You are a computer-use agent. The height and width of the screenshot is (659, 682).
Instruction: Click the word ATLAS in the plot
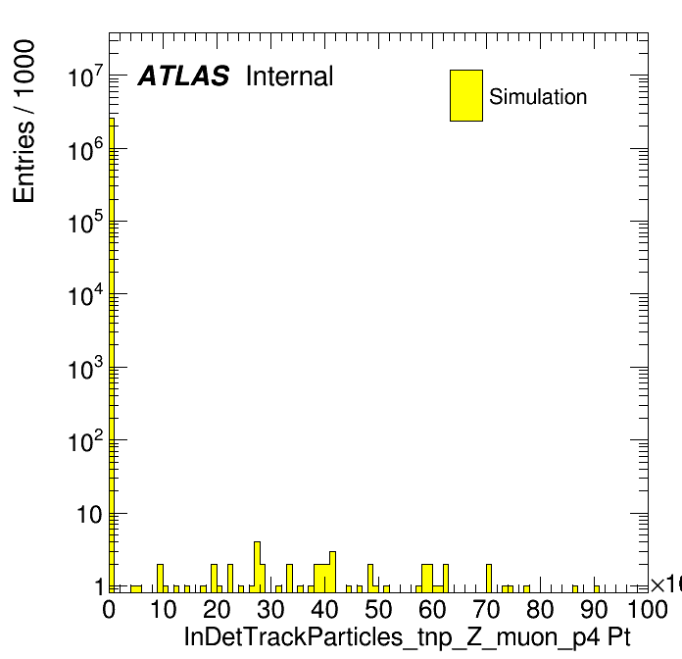click(x=183, y=76)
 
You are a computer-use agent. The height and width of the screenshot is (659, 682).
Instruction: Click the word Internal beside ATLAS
click(x=290, y=76)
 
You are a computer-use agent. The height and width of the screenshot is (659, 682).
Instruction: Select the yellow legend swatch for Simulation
click(x=466, y=95)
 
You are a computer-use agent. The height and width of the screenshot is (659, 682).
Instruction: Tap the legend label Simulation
click(x=538, y=96)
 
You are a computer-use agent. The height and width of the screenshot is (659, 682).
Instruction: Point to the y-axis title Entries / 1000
click(x=24, y=122)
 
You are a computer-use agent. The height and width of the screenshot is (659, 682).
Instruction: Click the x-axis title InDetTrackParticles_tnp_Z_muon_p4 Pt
click(x=407, y=636)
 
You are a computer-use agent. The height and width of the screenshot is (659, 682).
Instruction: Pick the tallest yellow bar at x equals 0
click(x=112, y=355)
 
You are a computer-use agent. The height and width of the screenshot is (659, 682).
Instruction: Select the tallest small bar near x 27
click(x=257, y=567)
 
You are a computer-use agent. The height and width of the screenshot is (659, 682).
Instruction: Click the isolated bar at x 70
click(x=489, y=578)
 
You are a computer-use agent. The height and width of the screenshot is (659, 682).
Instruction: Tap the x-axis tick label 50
click(x=378, y=609)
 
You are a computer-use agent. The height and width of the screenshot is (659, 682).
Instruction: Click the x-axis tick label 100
click(x=648, y=609)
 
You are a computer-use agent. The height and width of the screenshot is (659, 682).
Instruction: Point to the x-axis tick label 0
click(x=109, y=609)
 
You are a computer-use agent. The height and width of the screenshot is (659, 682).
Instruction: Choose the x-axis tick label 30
click(x=270, y=609)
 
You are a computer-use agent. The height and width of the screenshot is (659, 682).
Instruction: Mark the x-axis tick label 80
click(x=540, y=609)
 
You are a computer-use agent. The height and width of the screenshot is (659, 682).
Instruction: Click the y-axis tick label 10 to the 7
click(x=85, y=76)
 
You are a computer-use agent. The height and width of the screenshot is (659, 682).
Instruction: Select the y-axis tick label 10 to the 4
click(x=85, y=295)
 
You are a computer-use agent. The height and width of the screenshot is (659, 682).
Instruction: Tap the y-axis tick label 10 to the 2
click(x=85, y=440)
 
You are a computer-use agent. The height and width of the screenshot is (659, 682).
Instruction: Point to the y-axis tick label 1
click(x=99, y=587)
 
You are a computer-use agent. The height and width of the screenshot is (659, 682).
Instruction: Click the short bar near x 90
click(x=597, y=589)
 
